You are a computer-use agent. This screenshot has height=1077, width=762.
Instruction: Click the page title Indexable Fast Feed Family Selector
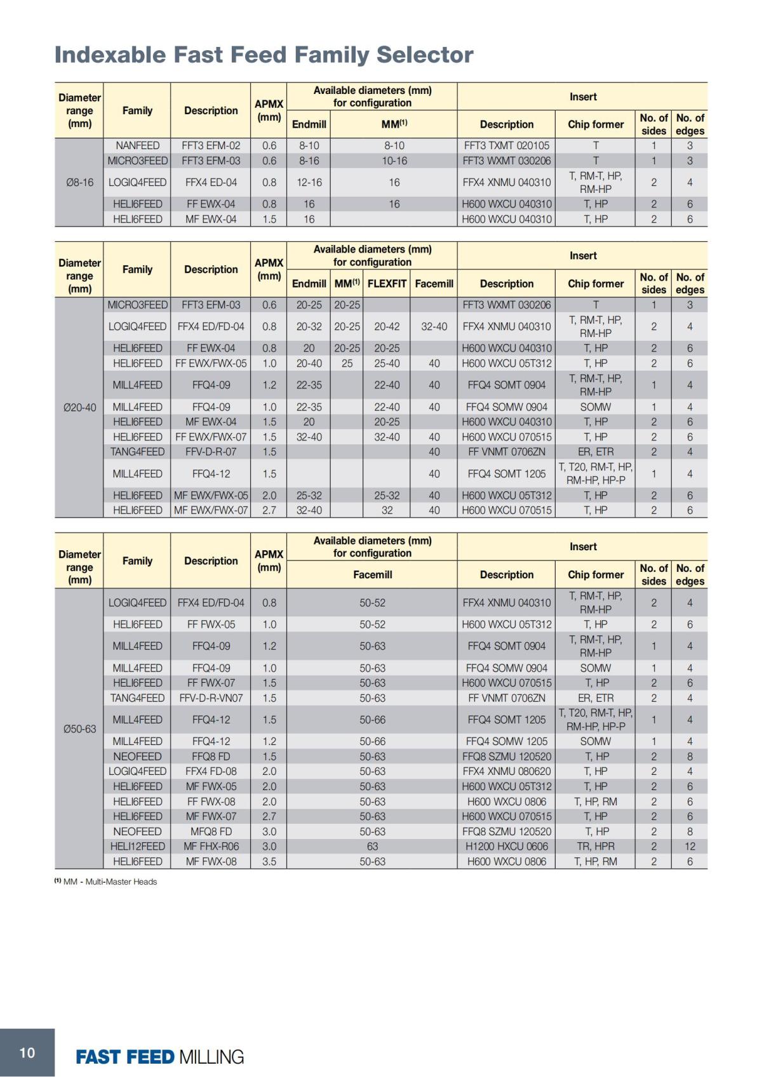264,55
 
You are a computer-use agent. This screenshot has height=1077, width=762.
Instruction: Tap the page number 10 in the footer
27,1053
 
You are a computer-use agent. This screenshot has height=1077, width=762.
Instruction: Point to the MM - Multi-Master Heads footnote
105,882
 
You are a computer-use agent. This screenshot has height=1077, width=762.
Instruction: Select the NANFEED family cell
137,145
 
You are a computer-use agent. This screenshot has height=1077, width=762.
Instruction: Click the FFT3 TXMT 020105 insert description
506,145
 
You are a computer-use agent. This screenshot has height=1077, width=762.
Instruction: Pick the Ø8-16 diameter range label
79,182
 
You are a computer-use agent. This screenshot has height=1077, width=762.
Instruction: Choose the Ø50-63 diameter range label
79,729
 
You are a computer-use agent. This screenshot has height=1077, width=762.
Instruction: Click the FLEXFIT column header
387,284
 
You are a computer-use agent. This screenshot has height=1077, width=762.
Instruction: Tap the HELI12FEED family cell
137,846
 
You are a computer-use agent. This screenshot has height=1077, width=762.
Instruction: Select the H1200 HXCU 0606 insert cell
506,846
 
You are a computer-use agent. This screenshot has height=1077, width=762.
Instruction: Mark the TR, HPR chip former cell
595,846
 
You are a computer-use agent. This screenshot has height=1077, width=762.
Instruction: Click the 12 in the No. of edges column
690,846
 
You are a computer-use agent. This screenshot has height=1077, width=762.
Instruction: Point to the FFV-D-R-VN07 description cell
211,697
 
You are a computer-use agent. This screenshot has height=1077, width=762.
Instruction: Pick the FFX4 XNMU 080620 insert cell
506,771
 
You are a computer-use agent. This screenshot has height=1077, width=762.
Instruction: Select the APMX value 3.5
269,861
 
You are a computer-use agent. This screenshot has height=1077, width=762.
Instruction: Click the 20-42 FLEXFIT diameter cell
387,326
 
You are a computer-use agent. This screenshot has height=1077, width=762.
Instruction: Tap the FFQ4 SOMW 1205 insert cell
506,741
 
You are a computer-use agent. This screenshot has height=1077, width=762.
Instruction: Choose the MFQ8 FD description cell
211,831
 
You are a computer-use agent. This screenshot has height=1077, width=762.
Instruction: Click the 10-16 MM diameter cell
394,161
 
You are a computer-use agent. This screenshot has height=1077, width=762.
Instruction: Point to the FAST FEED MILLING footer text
159,1057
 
